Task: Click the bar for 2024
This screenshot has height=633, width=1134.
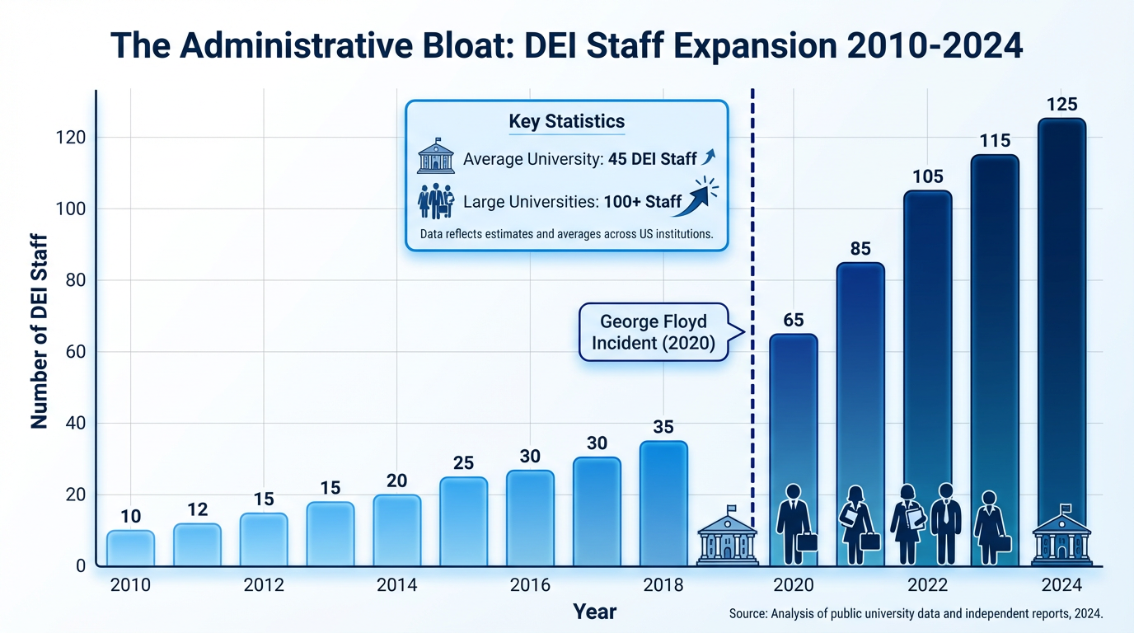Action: pos(1061,330)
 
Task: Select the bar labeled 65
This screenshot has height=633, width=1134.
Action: pos(794,429)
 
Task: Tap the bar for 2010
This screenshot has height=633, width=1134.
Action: pos(130,548)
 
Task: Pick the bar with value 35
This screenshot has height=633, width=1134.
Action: pos(663,503)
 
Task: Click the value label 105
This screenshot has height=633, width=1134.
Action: pos(928,176)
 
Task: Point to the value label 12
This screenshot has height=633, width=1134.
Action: pos(197,509)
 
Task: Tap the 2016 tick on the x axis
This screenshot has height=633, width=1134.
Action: pos(530,586)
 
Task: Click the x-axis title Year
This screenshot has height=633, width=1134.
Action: pos(594,612)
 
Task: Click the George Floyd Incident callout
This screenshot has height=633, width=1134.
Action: pos(654,331)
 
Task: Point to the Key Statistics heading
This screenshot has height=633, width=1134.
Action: pos(567,122)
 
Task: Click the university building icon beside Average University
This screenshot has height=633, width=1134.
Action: pos(436,157)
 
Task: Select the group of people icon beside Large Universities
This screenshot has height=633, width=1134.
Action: pos(436,200)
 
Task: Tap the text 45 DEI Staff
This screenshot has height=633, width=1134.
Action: pos(653,159)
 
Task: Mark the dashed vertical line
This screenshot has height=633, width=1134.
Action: pos(752,247)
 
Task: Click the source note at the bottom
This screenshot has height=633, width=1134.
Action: pos(916,613)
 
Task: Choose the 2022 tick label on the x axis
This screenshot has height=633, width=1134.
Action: pos(927,586)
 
